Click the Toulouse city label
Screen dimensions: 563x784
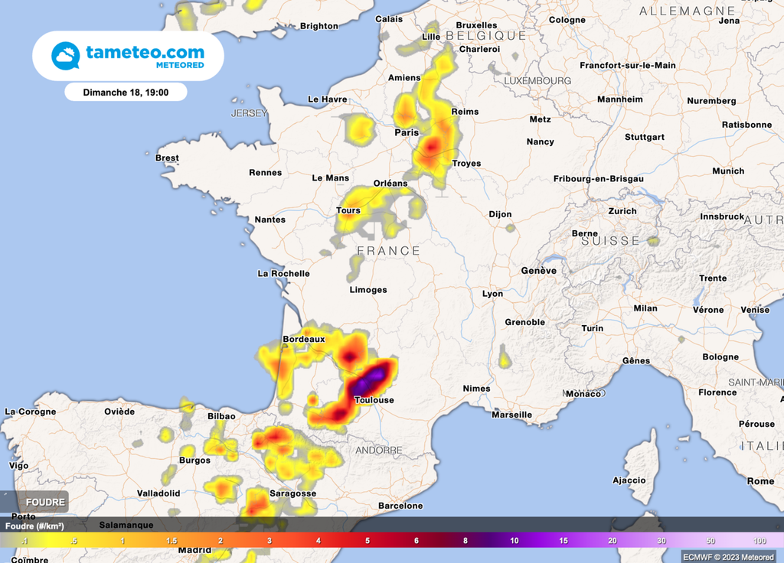(374, 400)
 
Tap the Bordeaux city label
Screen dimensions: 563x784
(304, 339)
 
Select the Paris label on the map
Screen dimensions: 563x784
(407, 132)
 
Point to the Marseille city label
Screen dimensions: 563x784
(511, 415)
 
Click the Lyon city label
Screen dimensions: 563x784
(492, 294)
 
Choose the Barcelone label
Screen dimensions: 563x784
(400, 506)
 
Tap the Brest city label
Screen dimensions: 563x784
(167, 158)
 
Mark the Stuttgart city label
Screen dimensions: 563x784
(644, 137)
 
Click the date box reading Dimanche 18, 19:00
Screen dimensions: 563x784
(126, 92)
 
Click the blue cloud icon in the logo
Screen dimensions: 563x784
(65, 56)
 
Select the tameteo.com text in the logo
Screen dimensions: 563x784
(145, 52)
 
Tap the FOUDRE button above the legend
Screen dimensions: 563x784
(46, 502)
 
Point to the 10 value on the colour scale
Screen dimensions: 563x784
(514, 541)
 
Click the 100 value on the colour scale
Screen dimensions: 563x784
(759, 541)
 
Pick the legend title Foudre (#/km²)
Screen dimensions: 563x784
(34, 526)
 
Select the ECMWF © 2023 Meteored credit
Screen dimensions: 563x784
(728, 556)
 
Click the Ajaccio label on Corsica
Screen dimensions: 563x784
(629, 480)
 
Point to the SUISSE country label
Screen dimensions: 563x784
(609, 240)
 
